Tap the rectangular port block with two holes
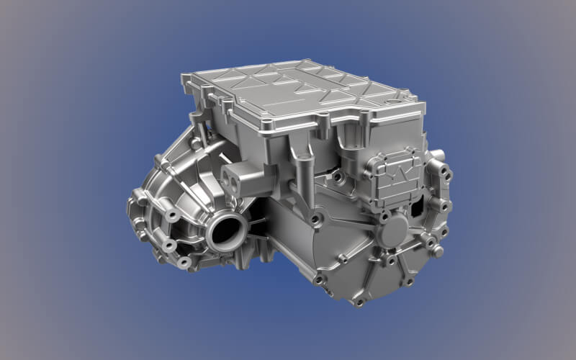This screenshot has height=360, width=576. (240, 177)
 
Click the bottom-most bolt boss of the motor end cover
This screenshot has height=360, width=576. (358, 301)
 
